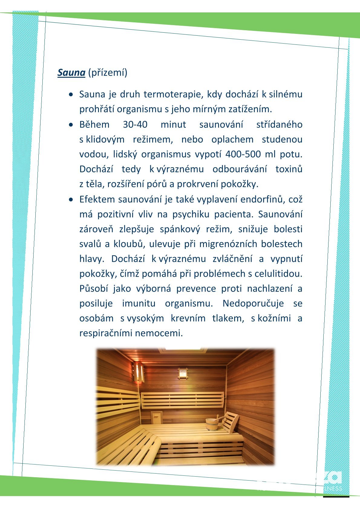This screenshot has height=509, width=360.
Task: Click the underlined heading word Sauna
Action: (71, 73)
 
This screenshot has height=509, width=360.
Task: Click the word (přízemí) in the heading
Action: (108, 73)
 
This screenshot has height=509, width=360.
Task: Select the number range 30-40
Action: (135, 124)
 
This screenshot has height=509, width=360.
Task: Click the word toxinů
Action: (289, 169)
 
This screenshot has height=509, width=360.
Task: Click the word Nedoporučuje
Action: (253, 303)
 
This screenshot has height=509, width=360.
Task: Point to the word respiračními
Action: (106, 333)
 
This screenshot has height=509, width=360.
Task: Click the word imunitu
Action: (139, 303)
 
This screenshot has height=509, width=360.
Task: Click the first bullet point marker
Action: (71, 95)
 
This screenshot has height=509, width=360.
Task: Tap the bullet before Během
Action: (71, 125)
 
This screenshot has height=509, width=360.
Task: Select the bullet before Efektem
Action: (71, 200)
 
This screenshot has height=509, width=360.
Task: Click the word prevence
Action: (196, 289)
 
